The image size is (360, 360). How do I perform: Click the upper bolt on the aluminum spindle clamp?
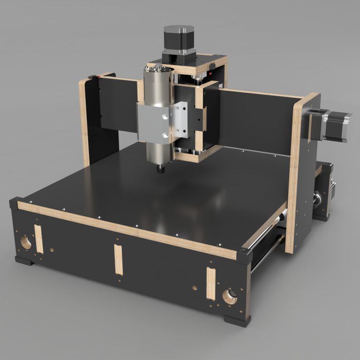[165, 114]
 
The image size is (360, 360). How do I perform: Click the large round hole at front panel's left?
[25, 242]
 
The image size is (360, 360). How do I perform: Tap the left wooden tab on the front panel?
[38, 239]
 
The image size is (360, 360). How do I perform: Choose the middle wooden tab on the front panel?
[119, 259]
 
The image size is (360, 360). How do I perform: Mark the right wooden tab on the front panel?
[210, 283]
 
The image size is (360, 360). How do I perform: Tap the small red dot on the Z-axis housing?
[212, 73]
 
